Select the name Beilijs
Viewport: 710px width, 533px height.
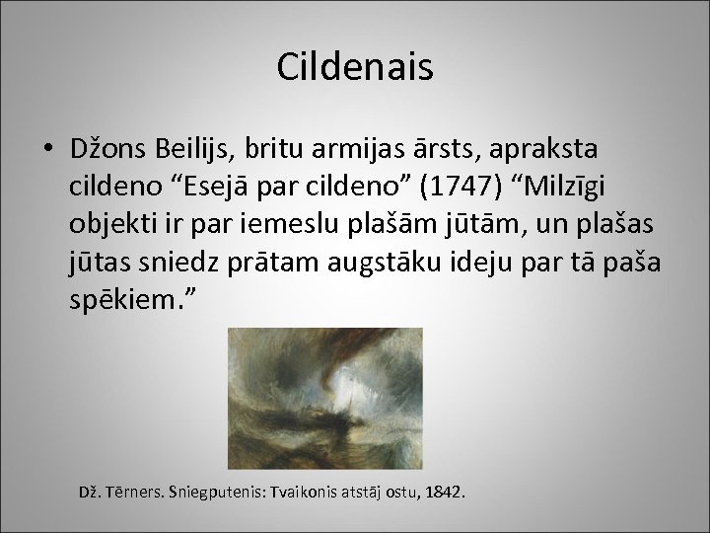pos(212,148)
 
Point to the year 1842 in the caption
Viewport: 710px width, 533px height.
pos(448,491)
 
